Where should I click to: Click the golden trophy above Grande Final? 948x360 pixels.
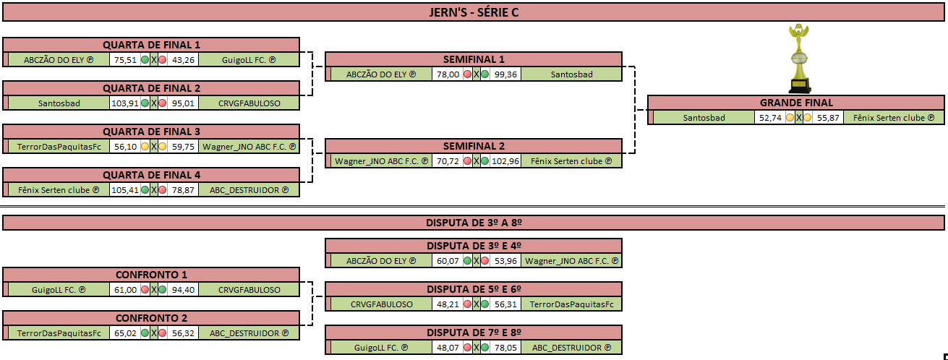coord(799,59)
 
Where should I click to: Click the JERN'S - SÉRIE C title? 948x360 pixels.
coord(474,12)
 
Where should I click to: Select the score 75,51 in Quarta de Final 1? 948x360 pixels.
coord(125,60)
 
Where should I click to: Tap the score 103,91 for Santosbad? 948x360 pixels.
coord(125,103)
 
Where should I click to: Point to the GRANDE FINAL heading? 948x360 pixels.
coord(796,103)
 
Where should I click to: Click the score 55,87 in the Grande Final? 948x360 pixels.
coord(828,118)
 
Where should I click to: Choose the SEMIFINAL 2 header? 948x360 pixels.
coord(474,146)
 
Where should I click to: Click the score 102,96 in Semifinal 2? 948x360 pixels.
coord(505,161)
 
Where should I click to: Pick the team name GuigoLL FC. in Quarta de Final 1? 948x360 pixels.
coord(249,60)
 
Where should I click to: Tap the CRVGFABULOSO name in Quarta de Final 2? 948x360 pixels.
coord(249,103)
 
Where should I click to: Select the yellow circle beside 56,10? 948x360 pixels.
coord(145,147)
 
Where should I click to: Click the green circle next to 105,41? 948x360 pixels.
coord(145,190)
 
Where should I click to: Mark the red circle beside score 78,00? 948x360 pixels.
coord(467,74)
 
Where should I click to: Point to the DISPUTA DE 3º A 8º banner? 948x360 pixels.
coord(474,223)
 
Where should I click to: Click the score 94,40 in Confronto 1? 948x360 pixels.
coord(183,290)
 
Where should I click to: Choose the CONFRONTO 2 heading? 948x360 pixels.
coord(151,318)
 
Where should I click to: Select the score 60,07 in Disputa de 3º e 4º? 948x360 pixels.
coord(448,261)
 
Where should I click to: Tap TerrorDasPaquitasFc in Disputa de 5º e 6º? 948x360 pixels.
coord(571,304)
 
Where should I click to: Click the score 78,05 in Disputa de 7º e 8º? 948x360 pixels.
coord(505,348)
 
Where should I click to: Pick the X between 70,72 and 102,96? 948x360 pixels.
coord(476,161)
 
